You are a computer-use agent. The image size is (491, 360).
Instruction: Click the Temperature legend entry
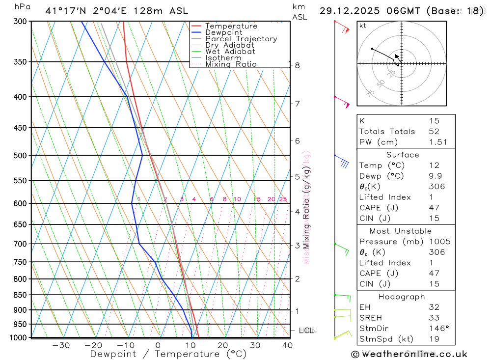pos(231,26)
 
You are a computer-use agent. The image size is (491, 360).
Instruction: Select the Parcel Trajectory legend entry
pos(241,39)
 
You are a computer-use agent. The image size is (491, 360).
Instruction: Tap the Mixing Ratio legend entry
pos(231,64)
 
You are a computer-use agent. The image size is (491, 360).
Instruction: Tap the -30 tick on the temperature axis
pos(61,345)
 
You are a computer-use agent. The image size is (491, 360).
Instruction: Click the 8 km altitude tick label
pos(298,65)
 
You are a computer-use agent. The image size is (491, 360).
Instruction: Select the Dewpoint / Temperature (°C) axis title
pos(168,354)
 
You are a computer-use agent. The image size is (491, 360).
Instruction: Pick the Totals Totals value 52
pos(434,132)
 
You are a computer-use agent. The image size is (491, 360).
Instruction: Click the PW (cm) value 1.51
pos(437,142)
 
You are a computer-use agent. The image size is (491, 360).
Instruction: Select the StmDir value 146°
pos(437,329)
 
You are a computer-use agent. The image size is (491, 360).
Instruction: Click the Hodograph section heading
pos(402,297)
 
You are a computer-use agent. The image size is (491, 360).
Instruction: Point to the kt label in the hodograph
pos(363,26)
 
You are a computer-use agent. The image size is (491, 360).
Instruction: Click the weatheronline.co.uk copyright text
pos(409,354)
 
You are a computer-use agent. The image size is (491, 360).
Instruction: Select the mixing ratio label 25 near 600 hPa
pos(283,199)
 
